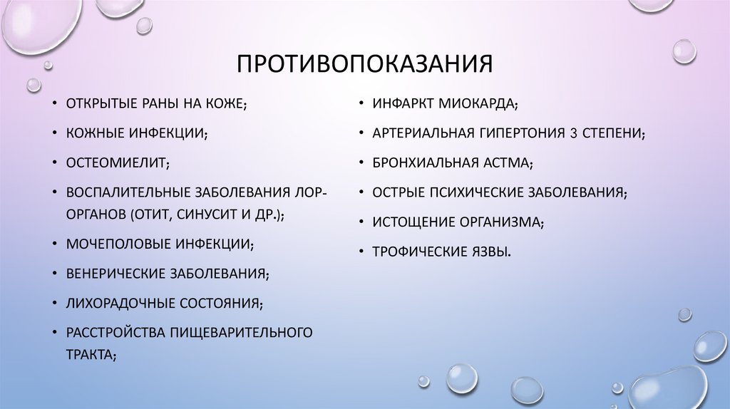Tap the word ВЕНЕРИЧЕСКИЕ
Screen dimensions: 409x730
115,273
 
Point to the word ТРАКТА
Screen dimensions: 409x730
89,353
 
